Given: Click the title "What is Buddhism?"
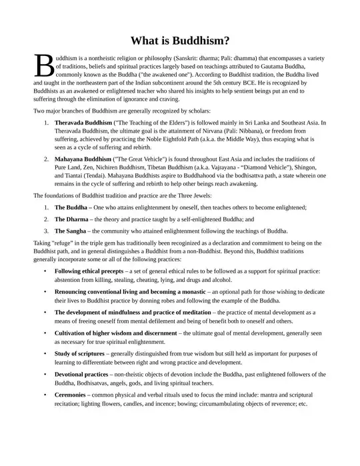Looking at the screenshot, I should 179,40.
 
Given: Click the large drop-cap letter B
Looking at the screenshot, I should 43,65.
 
